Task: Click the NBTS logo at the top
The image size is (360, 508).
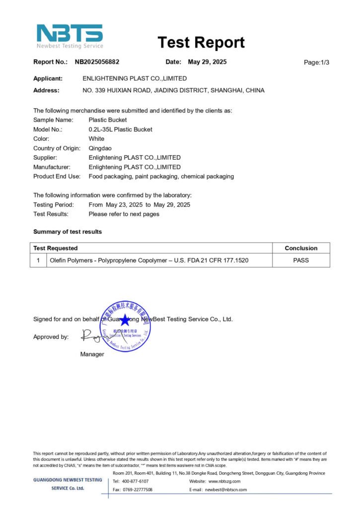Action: point(70,36)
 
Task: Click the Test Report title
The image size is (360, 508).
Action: point(201,43)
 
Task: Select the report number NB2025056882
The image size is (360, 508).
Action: point(97,62)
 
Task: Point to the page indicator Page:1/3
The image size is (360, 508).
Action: point(316,63)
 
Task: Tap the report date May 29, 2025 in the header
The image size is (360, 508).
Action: point(207,62)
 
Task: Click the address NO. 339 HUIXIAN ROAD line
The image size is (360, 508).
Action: point(173,90)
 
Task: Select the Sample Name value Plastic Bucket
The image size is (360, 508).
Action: point(107,120)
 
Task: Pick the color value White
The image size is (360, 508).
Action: point(96,139)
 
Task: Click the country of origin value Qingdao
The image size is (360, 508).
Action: point(100,148)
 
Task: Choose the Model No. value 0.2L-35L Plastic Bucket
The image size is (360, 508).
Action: point(120,129)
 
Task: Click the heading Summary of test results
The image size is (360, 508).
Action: point(68,232)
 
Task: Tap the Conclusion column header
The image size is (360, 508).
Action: point(301,248)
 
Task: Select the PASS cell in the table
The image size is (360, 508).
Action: point(301,260)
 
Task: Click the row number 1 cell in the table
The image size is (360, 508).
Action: point(38,260)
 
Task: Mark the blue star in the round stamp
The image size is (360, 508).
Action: point(125,320)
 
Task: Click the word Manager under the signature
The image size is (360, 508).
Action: point(92,354)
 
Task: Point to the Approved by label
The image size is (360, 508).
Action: point(51,337)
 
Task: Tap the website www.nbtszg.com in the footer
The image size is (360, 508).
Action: point(224,481)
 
